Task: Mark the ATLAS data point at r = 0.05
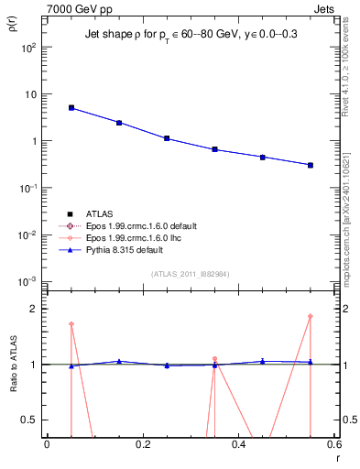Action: click(71, 107)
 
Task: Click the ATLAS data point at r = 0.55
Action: click(311, 165)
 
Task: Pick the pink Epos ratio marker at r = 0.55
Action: click(311, 316)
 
